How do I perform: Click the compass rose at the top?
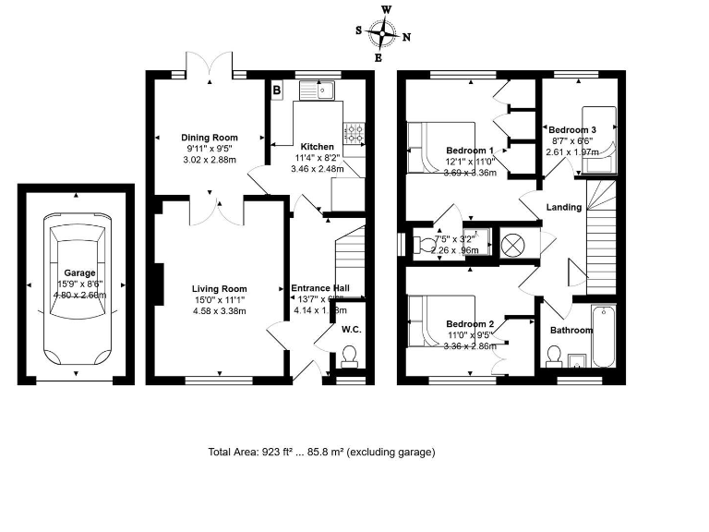click(382, 33)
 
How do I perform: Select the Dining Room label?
click(209, 138)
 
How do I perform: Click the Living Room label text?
click(219, 288)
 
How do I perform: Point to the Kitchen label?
click(317, 146)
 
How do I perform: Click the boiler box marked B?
click(276, 91)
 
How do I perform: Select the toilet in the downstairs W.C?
click(350, 356)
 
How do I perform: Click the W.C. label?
click(351, 328)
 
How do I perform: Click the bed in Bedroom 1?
click(439, 146)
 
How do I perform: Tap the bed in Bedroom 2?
click(439, 321)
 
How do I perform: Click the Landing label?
click(564, 207)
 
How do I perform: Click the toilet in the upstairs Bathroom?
click(554, 355)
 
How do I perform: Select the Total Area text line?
click(321, 453)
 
